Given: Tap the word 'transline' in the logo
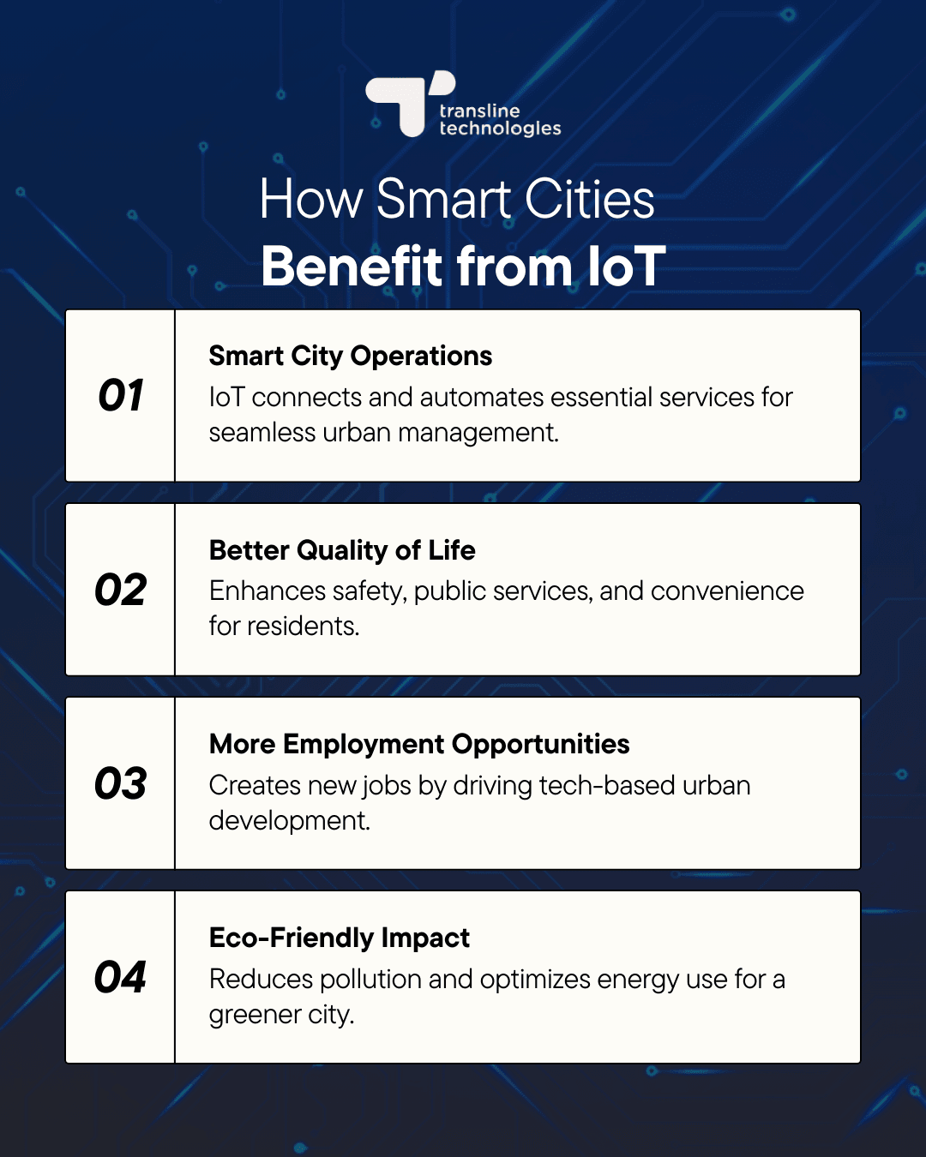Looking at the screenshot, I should click(x=479, y=111).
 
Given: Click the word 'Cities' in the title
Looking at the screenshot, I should click(x=589, y=200).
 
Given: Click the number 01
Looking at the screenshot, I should click(x=121, y=396).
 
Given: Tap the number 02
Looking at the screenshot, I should click(x=121, y=590).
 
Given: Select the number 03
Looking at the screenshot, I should click(x=121, y=784).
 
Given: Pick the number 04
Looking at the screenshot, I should click(x=121, y=978).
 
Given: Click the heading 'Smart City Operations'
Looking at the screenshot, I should click(x=351, y=356).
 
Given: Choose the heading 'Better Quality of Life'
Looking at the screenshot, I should click(x=342, y=550).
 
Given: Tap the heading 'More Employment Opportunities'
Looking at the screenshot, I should click(x=419, y=744).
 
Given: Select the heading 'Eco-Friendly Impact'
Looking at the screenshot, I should click(x=340, y=938).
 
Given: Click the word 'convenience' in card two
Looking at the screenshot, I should click(x=727, y=591).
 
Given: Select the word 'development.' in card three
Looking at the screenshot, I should click(x=290, y=821).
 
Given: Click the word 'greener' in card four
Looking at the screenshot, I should click(x=255, y=1016).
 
